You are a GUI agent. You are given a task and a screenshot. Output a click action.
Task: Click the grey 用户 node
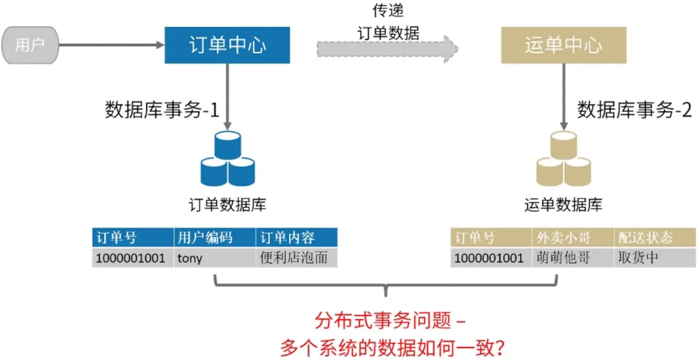pos(30,45)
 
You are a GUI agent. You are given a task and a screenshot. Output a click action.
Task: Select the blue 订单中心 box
pos(227,46)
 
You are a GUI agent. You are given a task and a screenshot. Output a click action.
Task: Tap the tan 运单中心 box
pos(563,46)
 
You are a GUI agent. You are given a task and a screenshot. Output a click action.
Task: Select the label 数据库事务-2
pos(634,110)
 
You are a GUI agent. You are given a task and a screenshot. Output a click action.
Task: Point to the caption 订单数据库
pos(227,205)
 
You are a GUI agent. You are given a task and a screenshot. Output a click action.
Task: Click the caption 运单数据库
pos(563,205)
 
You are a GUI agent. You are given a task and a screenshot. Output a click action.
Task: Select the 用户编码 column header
pos(205,238)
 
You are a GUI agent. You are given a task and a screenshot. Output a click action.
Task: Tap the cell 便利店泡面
pos(294,258)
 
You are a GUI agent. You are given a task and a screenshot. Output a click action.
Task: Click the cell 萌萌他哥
pos(564,258)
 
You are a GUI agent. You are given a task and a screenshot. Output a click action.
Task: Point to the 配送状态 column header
pos(645,238)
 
